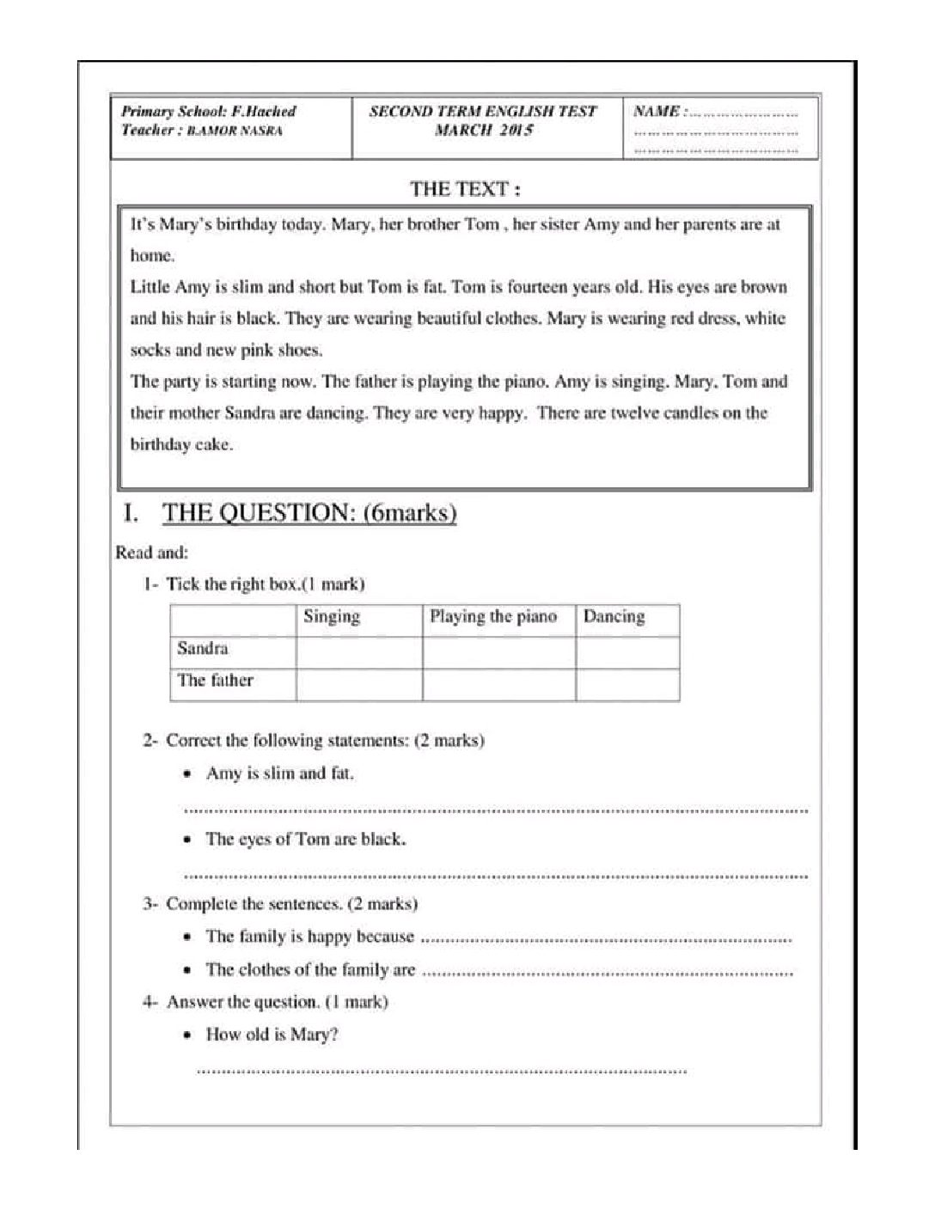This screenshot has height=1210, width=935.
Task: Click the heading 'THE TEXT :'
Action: point(464,188)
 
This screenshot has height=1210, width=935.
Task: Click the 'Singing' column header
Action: point(332,617)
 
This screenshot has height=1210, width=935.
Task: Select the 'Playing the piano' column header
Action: point(493,617)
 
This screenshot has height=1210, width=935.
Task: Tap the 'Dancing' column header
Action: point(614,617)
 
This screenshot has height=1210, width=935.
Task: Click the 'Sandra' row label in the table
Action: point(203,649)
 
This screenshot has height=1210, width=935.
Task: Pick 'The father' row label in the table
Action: point(215,681)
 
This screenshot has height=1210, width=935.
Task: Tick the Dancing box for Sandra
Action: point(627,652)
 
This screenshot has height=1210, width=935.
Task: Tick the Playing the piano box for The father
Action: point(498,685)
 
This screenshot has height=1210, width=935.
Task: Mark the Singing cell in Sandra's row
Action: point(359,652)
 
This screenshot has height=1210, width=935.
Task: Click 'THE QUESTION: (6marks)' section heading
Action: point(309,513)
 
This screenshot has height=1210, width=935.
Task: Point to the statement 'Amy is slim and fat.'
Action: point(280,773)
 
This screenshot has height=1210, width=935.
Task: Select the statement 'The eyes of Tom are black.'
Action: point(305,840)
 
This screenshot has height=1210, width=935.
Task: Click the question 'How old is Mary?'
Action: point(272,1035)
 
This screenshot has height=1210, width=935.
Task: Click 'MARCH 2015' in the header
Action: point(484,131)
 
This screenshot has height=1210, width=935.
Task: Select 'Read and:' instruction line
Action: point(152,553)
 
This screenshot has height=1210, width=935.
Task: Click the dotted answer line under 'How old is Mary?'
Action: point(442,1071)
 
